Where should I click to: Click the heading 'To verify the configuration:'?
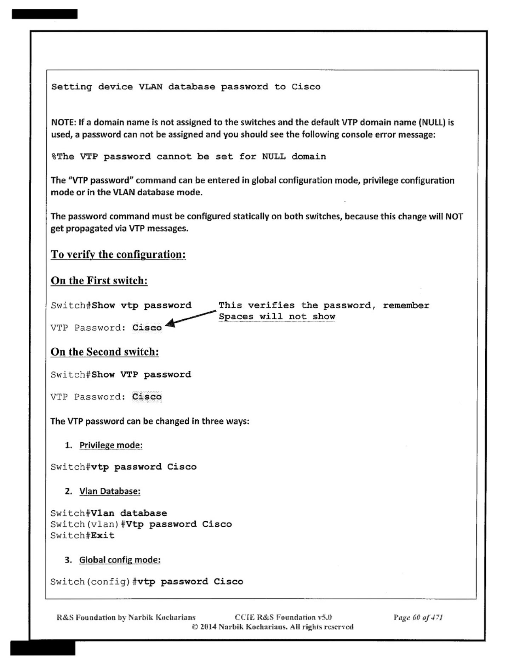pos(118,254)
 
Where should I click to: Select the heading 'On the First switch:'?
pos(99,281)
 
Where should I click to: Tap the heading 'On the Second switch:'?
pos(104,352)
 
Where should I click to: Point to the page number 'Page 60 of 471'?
pos(418,617)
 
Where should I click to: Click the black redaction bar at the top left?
pos(45,14)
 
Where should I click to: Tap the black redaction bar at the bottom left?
pos(43,648)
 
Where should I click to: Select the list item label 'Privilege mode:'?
pos(111,445)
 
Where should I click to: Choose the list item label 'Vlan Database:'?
pos(110,491)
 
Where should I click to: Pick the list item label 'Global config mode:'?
pos(120,560)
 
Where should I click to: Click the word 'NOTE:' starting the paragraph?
pos(64,123)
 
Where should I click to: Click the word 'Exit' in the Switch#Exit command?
pos(103,536)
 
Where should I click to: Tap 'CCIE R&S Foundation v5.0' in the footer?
pos(283,617)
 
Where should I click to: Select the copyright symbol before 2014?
pos(195,627)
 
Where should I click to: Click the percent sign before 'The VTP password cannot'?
pos(54,157)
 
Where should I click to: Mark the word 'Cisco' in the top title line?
pos(306,87)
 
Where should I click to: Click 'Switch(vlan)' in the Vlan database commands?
pos(85,524)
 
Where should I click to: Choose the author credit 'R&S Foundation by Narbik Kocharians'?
pos(126,617)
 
